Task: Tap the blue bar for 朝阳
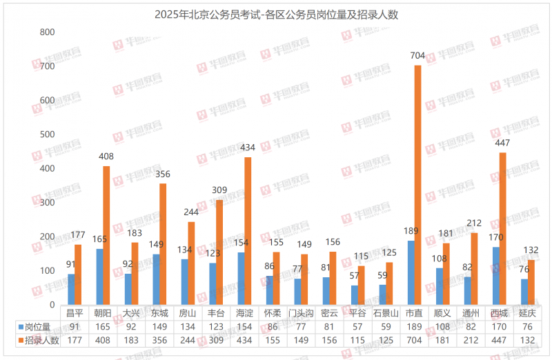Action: [x=100, y=277]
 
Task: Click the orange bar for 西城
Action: [x=502, y=228]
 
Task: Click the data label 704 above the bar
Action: [x=418, y=57]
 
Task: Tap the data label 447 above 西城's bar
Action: [x=503, y=145]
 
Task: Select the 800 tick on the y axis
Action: [x=47, y=32]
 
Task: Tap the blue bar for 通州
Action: [x=468, y=290]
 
